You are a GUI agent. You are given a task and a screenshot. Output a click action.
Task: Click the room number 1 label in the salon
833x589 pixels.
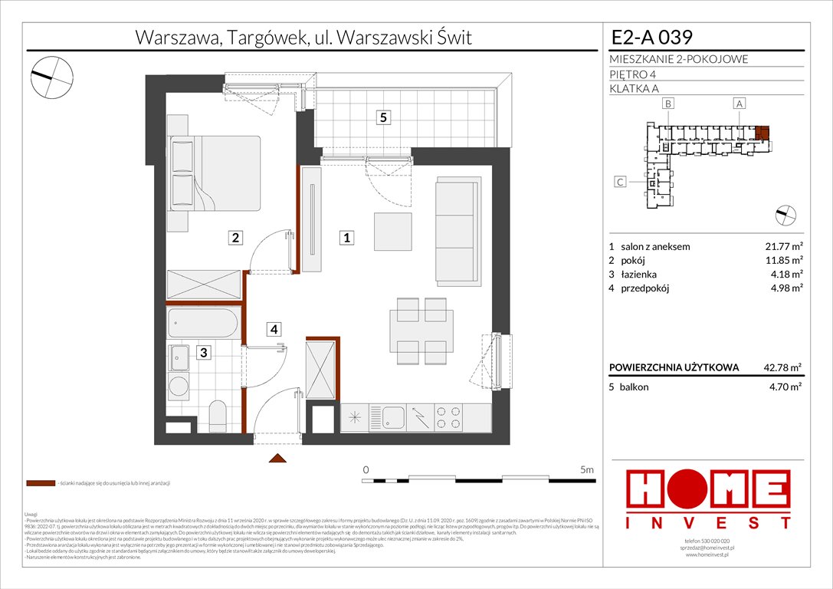[347, 239]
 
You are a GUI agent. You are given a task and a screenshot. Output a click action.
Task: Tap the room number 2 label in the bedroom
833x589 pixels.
[238, 239]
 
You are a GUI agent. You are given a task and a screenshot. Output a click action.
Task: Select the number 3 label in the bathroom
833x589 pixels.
[203, 353]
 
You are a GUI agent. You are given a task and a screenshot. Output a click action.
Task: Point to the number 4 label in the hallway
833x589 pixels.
[274, 330]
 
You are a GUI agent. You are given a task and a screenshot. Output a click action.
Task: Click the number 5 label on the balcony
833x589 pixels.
[384, 117]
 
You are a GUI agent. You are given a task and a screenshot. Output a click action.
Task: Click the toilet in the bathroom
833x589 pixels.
[218, 416]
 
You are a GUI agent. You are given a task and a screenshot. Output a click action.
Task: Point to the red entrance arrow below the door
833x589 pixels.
[277, 458]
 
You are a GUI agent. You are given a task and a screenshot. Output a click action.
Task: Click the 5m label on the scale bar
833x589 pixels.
[586, 469]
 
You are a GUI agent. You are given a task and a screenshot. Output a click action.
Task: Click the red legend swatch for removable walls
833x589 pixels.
[41, 484]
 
